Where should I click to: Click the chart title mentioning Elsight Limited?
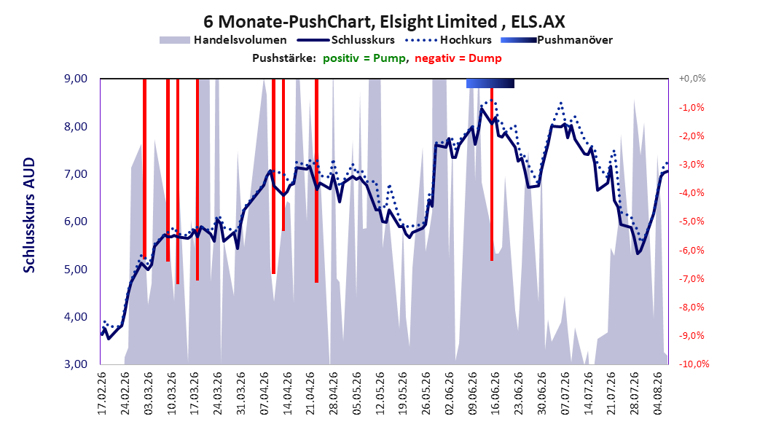384,22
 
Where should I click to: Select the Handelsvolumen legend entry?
224,40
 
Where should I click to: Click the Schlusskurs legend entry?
346,40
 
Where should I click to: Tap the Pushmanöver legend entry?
557,40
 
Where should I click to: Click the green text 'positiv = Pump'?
364,58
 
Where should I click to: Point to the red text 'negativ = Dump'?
458,58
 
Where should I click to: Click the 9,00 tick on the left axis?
76,79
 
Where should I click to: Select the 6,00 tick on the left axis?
76,222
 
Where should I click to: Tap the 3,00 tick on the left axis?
76,364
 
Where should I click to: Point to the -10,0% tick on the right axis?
694,364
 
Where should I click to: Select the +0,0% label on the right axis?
692,79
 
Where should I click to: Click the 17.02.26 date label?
101,393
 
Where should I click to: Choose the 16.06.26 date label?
495,393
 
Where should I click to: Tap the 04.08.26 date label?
658,393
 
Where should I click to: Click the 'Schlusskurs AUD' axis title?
29,215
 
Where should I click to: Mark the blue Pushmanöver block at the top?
490,83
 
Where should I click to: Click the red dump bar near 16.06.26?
492,174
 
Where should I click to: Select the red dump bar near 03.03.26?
144,166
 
